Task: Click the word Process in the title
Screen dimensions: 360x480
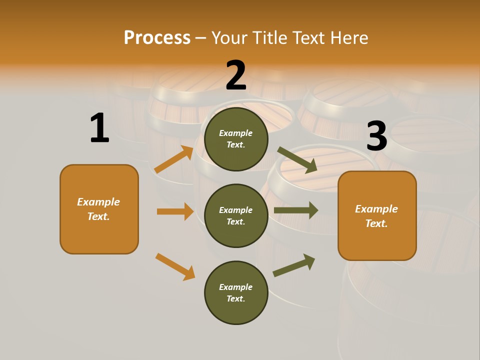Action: coord(157,37)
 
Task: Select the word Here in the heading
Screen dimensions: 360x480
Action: coord(349,37)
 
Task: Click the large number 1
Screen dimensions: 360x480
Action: coord(99,128)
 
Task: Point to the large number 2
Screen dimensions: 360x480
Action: coord(236,75)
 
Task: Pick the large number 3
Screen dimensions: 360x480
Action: coord(376,135)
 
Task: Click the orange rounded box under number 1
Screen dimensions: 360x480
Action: coord(99,209)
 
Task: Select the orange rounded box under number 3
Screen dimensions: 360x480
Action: coord(377,215)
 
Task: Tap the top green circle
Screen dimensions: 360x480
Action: coord(236,139)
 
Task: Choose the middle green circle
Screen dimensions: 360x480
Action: coord(236,215)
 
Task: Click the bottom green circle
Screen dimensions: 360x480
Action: coord(236,292)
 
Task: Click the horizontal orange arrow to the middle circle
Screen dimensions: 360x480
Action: coord(175,211)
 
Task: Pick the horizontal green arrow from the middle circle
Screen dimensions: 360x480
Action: coord(296,210)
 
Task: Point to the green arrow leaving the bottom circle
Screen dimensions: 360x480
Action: coord(294,265)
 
